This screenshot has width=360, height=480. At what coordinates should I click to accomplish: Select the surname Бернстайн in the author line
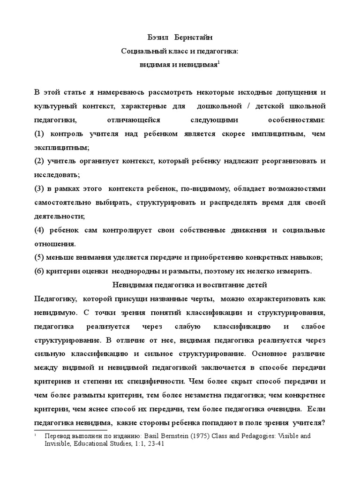[191, 37]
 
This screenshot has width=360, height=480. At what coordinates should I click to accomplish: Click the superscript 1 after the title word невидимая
[218, 62]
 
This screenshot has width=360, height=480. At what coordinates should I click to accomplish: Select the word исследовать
[56, 175]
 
